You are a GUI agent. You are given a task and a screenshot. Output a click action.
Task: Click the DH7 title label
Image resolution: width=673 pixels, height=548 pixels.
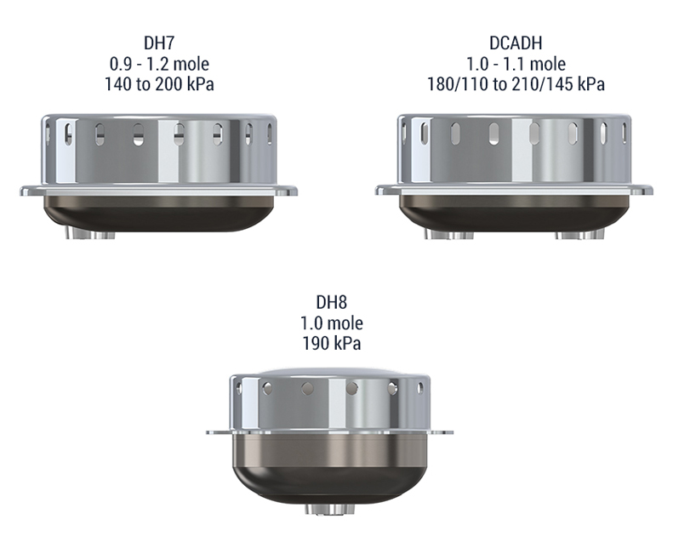159,43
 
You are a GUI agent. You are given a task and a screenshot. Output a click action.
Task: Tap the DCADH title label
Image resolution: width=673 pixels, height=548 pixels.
516,43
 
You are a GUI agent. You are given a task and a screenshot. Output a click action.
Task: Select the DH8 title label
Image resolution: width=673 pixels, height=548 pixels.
331,303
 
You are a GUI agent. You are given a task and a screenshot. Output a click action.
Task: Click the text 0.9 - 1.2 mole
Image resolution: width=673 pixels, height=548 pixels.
159,64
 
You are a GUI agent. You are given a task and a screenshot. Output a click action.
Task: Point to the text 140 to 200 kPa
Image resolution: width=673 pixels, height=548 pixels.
159,84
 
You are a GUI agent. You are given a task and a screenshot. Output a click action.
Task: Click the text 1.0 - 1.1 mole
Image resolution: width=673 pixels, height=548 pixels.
516,64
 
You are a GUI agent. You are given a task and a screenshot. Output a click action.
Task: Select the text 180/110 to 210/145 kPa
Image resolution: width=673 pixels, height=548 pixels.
516,84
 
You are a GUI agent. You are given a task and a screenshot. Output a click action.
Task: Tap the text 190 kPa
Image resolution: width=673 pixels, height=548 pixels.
331,343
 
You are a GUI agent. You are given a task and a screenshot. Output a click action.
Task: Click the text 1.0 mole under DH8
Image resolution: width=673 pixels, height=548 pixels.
331,323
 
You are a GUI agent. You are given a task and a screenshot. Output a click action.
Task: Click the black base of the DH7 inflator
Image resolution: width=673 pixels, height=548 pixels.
159,214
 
